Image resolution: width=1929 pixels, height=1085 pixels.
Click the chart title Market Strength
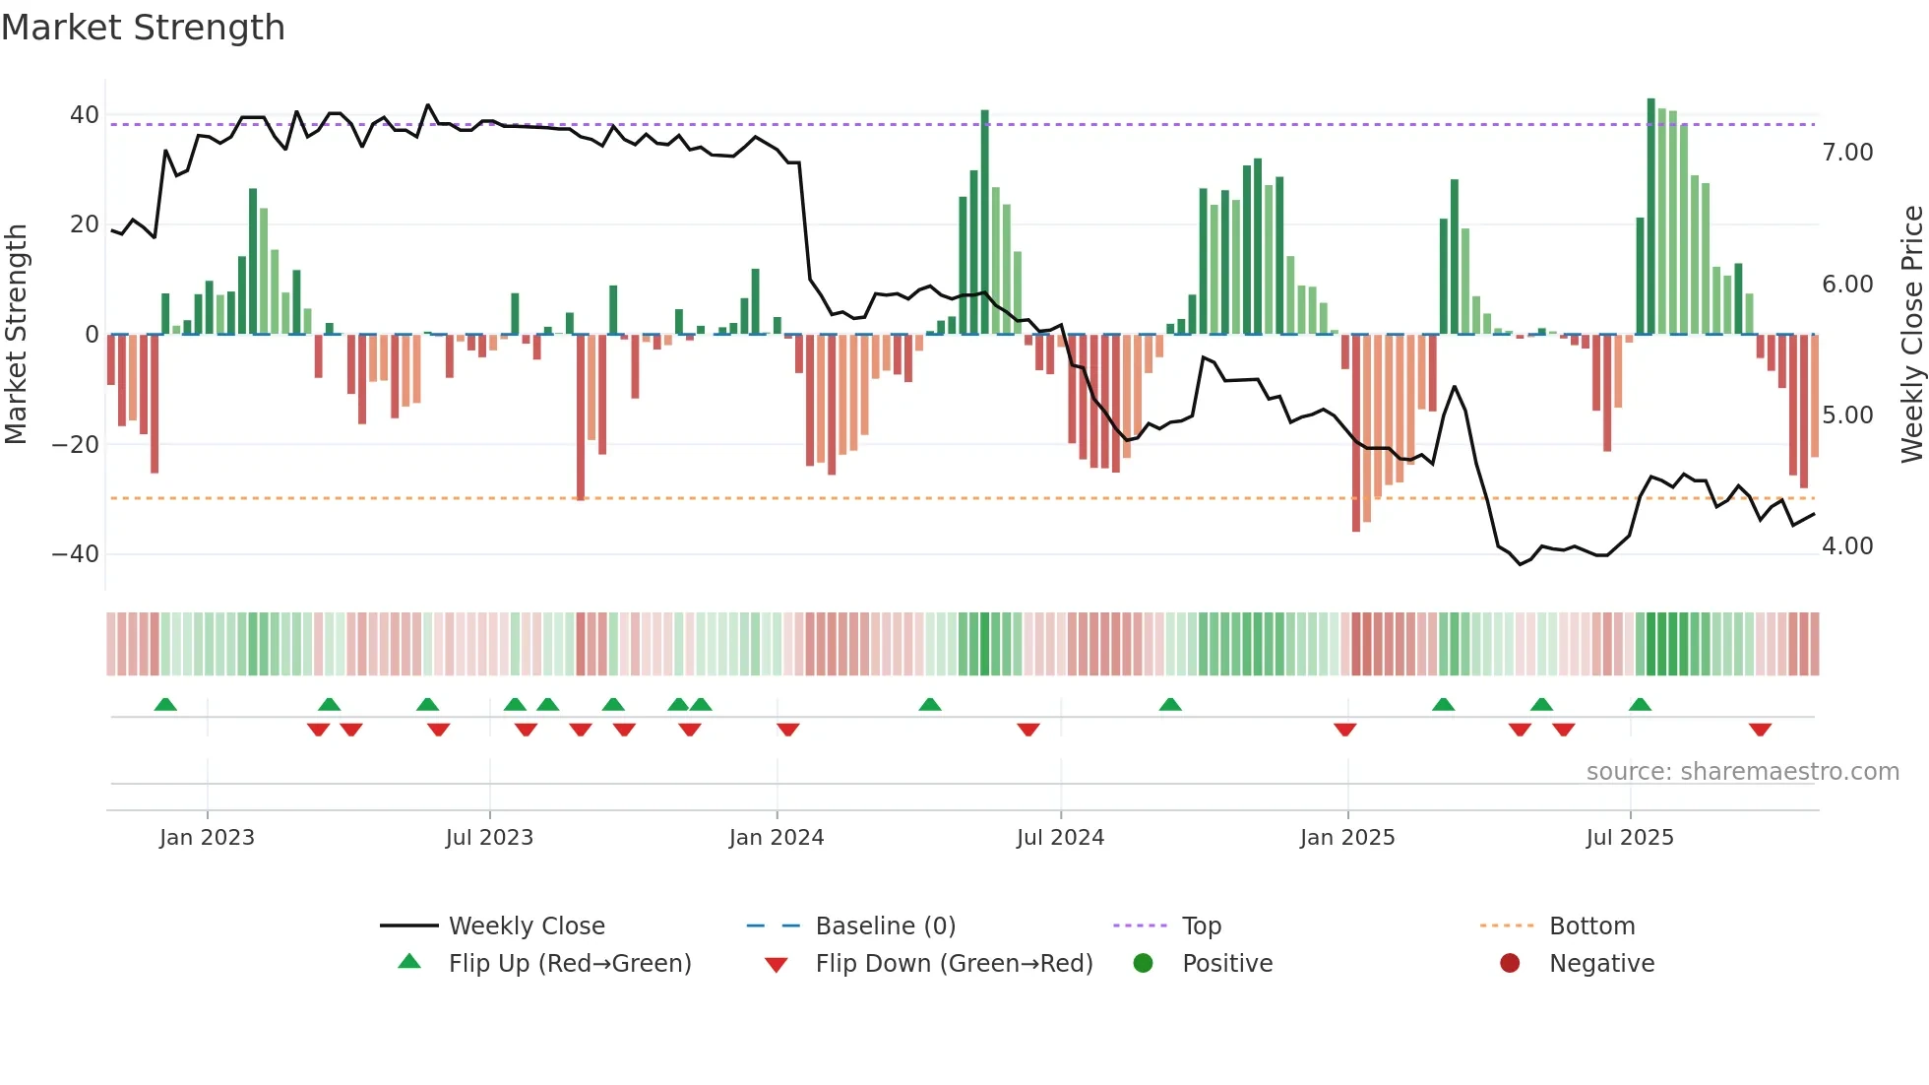click(143, 28)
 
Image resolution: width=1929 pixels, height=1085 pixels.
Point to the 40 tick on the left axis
click(85, 115)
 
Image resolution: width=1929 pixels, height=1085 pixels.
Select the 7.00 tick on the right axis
click(1847, 153)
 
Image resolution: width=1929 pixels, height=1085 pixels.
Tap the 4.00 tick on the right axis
click(1847, 546)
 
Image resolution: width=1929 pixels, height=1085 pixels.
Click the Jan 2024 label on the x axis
click(776, 838)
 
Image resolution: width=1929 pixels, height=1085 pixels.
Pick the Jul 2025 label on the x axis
click(1629, 838)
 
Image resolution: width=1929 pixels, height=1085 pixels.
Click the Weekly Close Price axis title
click(1911, 335)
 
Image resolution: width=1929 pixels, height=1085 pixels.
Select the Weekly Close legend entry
click(526, 926)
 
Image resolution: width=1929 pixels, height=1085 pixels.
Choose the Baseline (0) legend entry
click(885, 926)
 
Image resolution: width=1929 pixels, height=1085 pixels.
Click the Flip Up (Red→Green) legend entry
click(569, 964)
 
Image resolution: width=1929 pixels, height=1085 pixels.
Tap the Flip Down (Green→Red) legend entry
click(953, 964)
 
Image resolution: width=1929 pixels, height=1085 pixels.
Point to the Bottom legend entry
click(1590, 926)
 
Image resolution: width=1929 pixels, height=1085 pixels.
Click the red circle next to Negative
click(1509, 964)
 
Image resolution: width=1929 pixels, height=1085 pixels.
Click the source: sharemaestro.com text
click(1742, 772)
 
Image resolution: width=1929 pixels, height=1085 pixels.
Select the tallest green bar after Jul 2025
click(1651, 217)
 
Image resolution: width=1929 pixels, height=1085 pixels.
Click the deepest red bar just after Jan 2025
click(1356, 433)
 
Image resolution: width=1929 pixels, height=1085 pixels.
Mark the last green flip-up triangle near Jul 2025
click(1640, 705)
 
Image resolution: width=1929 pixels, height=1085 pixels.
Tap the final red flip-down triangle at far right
click(1760, 730)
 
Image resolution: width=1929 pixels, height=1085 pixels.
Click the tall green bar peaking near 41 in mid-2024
click(984, 222)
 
